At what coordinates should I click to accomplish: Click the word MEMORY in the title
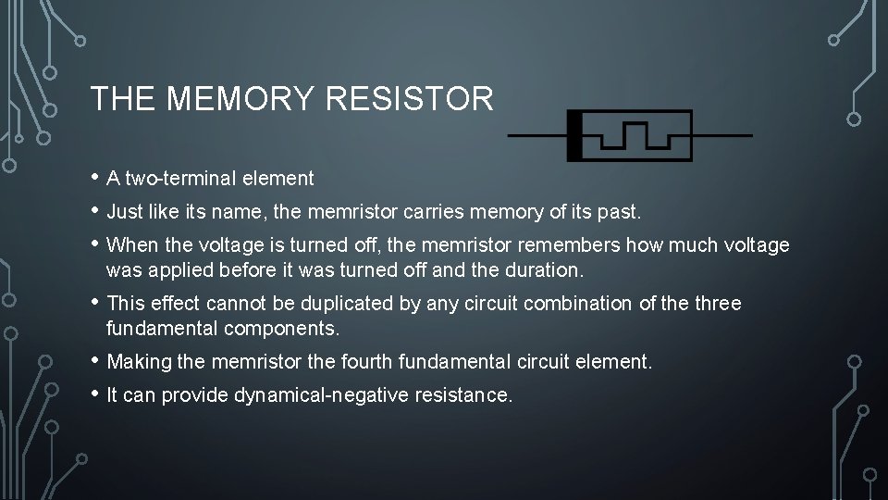click(240, 98)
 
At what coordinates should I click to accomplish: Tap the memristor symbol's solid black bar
click(574, 135)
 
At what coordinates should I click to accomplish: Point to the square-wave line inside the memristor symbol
click(635, 135)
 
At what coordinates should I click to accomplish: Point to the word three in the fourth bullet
click(718, 304)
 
